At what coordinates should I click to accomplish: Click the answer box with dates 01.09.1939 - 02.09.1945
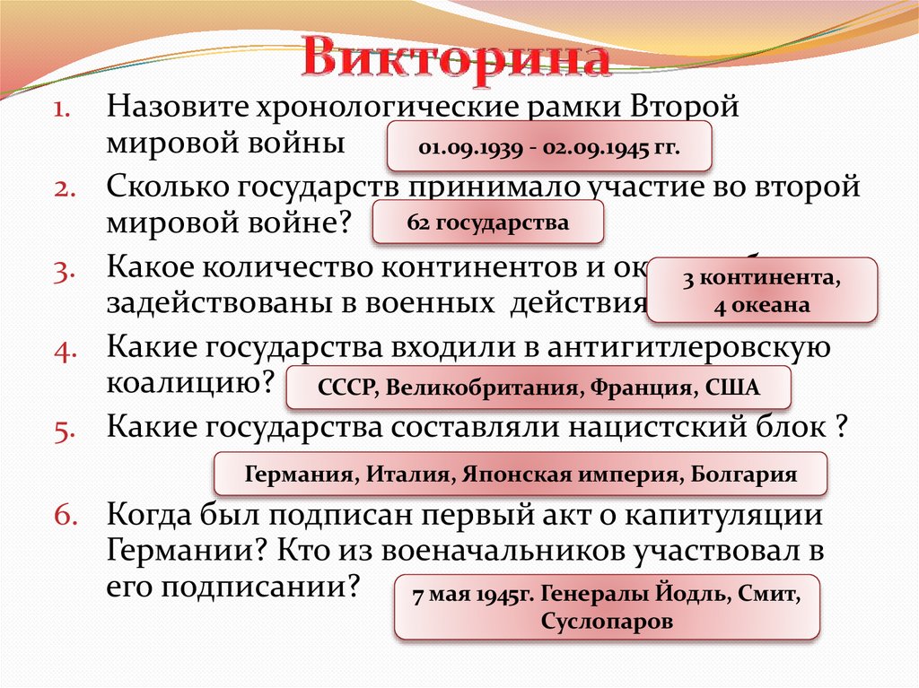coord(549,147)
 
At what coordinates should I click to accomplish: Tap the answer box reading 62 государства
coord(487,222)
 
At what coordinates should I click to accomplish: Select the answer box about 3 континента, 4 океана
coord(761,291)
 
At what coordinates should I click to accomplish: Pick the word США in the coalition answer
coord(731,388)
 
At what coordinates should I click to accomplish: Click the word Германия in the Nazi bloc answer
coord(299,475)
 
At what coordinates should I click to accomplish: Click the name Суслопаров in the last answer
coord(607,621)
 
